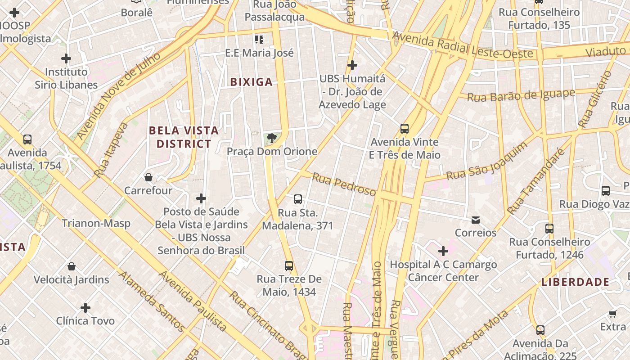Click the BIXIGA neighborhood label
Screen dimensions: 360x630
[252, 82]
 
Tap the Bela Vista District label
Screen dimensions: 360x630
[184, 137]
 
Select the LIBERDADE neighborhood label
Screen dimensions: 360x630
[575, 282]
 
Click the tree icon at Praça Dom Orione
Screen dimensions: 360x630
[271, 138]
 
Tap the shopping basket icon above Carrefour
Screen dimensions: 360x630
[148, 177]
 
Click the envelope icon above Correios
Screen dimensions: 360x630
[476, 220]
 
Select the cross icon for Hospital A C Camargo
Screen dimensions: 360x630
[443, 251]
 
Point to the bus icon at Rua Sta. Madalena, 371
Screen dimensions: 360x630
[297, 199]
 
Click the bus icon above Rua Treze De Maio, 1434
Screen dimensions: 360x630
[289, 266]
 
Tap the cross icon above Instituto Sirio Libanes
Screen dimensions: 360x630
[66, 58]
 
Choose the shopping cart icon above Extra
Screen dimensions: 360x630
[613, 314]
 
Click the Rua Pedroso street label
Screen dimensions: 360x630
[344, 184]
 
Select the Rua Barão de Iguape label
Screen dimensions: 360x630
[521, 95]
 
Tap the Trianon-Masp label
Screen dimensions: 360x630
[96, 223]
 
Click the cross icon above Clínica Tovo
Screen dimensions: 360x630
[85, 308]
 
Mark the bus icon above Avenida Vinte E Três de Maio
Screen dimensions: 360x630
[405, 129]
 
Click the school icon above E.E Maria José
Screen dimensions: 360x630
[259, 40]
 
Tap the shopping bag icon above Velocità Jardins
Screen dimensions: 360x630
[72, 266]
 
